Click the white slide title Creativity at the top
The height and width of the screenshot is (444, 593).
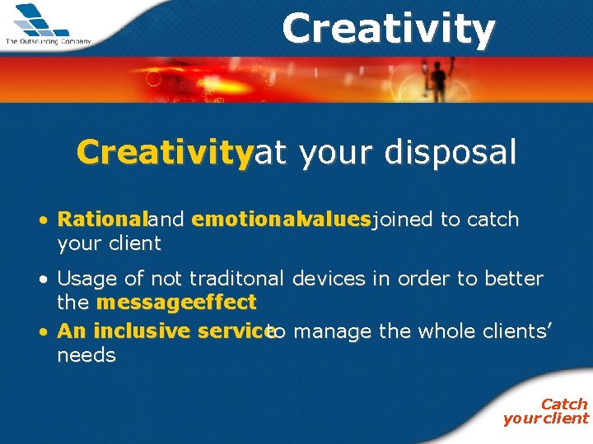point(388,29)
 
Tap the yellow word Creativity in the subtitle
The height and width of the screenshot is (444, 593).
point(165,152)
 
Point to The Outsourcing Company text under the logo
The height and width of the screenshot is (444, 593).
point(48,40)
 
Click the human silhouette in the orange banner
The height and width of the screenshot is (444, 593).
point(439,81)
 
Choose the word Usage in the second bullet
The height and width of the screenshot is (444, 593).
point(86,279)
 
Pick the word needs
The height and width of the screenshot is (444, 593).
point(86,355)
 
